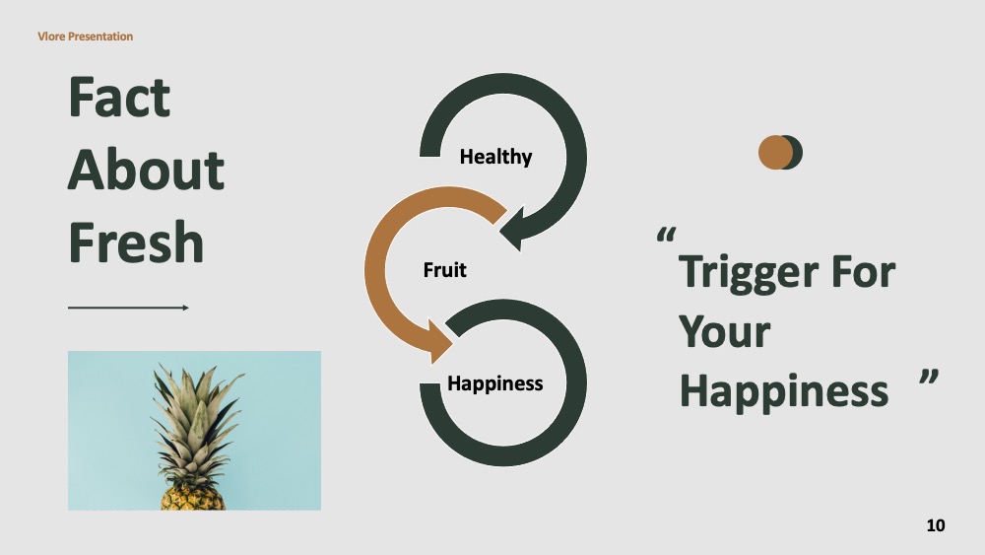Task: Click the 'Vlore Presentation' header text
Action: [x=85, y=36]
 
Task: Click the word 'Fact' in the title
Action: [x=119, y=97]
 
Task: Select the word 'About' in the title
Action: [x=146, y=170]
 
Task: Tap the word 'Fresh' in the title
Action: [x=136, y=242]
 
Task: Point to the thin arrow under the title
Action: [x=128, y=308]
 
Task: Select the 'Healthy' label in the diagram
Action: [x=495, y=157]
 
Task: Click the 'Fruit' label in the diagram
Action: [x=445, y=270]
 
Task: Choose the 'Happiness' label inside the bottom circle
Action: [x=495, y=382]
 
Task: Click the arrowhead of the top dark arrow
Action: [x=512, y=229]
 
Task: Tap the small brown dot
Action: [x=775, y=152]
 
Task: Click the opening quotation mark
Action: [x=666, y=235]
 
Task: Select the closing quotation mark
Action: [x=929, y=377]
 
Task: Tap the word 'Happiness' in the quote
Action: [x=784, y=391]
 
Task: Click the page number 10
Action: [x=936, y=525]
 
